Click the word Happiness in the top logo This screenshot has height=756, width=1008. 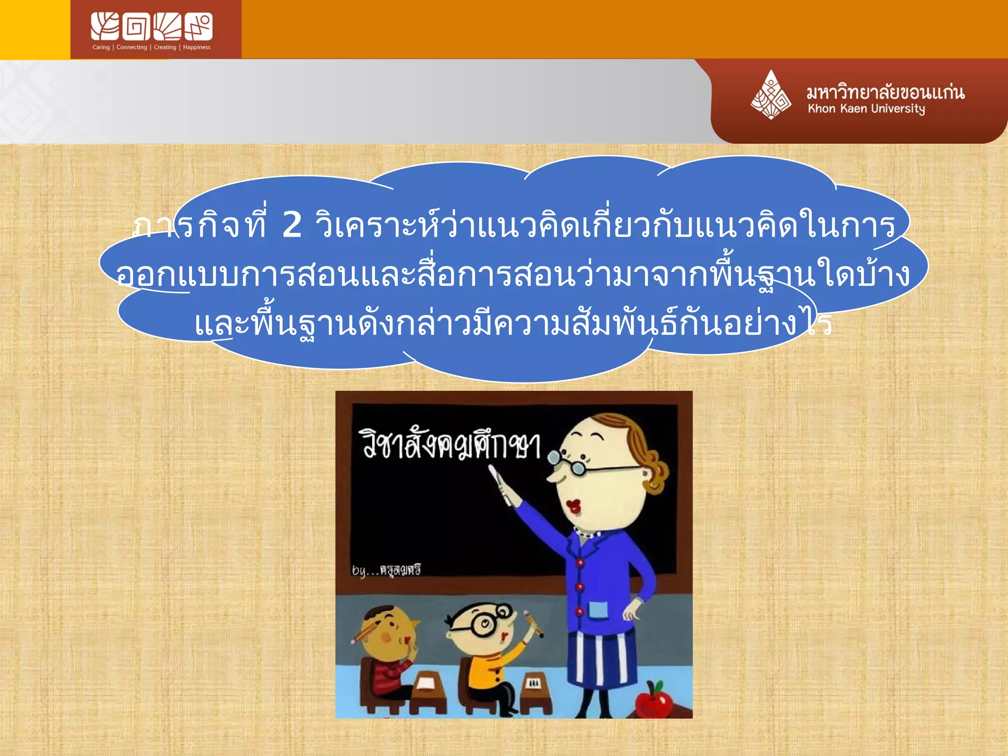(x=196, y=47)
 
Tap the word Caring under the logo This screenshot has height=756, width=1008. (x=101, y=47)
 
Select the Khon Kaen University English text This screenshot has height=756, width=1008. (x=866, y=109)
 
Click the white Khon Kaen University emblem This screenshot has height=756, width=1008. (x=771, y=94)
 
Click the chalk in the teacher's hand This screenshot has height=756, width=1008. (x=499, y=484)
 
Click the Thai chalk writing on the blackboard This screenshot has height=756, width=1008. (x=451, y=444)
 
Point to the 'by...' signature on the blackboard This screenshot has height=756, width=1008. (x=386, y=570)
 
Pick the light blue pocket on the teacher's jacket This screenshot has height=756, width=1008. (x=598, y=610)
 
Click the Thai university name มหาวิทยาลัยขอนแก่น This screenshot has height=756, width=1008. (x=885, y=92)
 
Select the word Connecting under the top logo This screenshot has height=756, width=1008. (x=131, y=47)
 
